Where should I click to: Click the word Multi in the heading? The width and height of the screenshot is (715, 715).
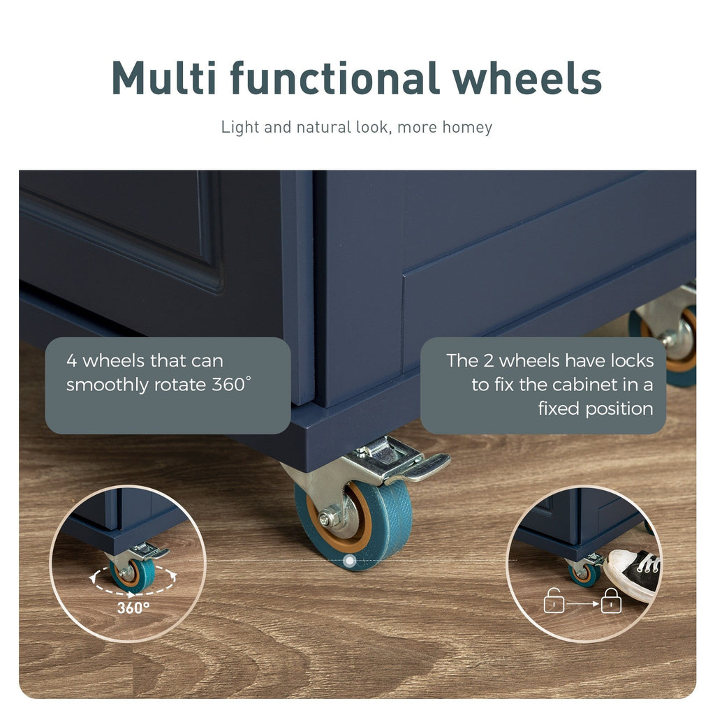pos(163,78)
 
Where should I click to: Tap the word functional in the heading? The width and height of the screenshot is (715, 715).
pos(334,78)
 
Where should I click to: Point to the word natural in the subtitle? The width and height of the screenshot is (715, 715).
pos(324,127)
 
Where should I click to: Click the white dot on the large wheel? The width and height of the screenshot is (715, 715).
pos(349,561)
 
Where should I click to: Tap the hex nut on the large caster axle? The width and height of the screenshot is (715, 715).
pos(325,519)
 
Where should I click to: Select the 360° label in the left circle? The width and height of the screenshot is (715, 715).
pos(133,608)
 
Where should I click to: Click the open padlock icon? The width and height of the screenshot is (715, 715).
pos(554,601)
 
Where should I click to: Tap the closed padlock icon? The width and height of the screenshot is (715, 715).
pos(611,601)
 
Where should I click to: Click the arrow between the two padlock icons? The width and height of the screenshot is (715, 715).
pos(583,604)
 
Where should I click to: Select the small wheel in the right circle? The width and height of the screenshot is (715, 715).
pos(584,575)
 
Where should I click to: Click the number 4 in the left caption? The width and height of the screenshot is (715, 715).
pos(71,361)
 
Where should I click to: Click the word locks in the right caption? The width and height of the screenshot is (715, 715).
pos(632,361)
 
